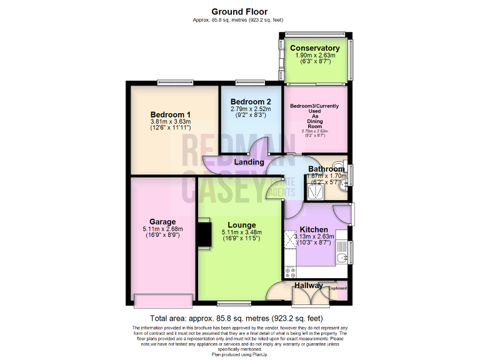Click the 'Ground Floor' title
coord(240,11)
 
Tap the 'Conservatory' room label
coord(315,48)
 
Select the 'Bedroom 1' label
coord(171,114)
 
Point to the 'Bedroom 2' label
coord(251,102)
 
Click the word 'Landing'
coord(249,162)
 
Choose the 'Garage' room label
coord(162,222)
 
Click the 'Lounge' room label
coord(241,225)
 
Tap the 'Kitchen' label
coord(314,229)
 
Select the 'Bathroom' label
coord(326,169)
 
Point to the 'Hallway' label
coord(309,286)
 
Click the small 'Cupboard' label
coord(337,288)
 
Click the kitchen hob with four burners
coord(290,271)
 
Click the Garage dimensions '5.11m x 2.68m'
coord(162,229)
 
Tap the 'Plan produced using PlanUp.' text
coord(240,354)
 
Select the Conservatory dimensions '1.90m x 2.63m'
coord(315,56)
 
